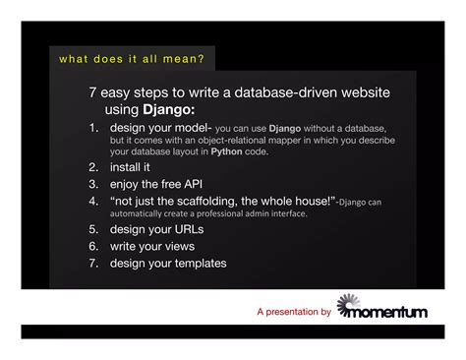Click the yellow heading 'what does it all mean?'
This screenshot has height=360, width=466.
coord(131,59)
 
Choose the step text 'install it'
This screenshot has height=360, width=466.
coord(131,168)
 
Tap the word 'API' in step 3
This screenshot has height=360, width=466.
coord(203,184)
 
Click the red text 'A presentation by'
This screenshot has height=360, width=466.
coord(293,313)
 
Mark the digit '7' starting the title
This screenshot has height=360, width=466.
coord(92,92)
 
